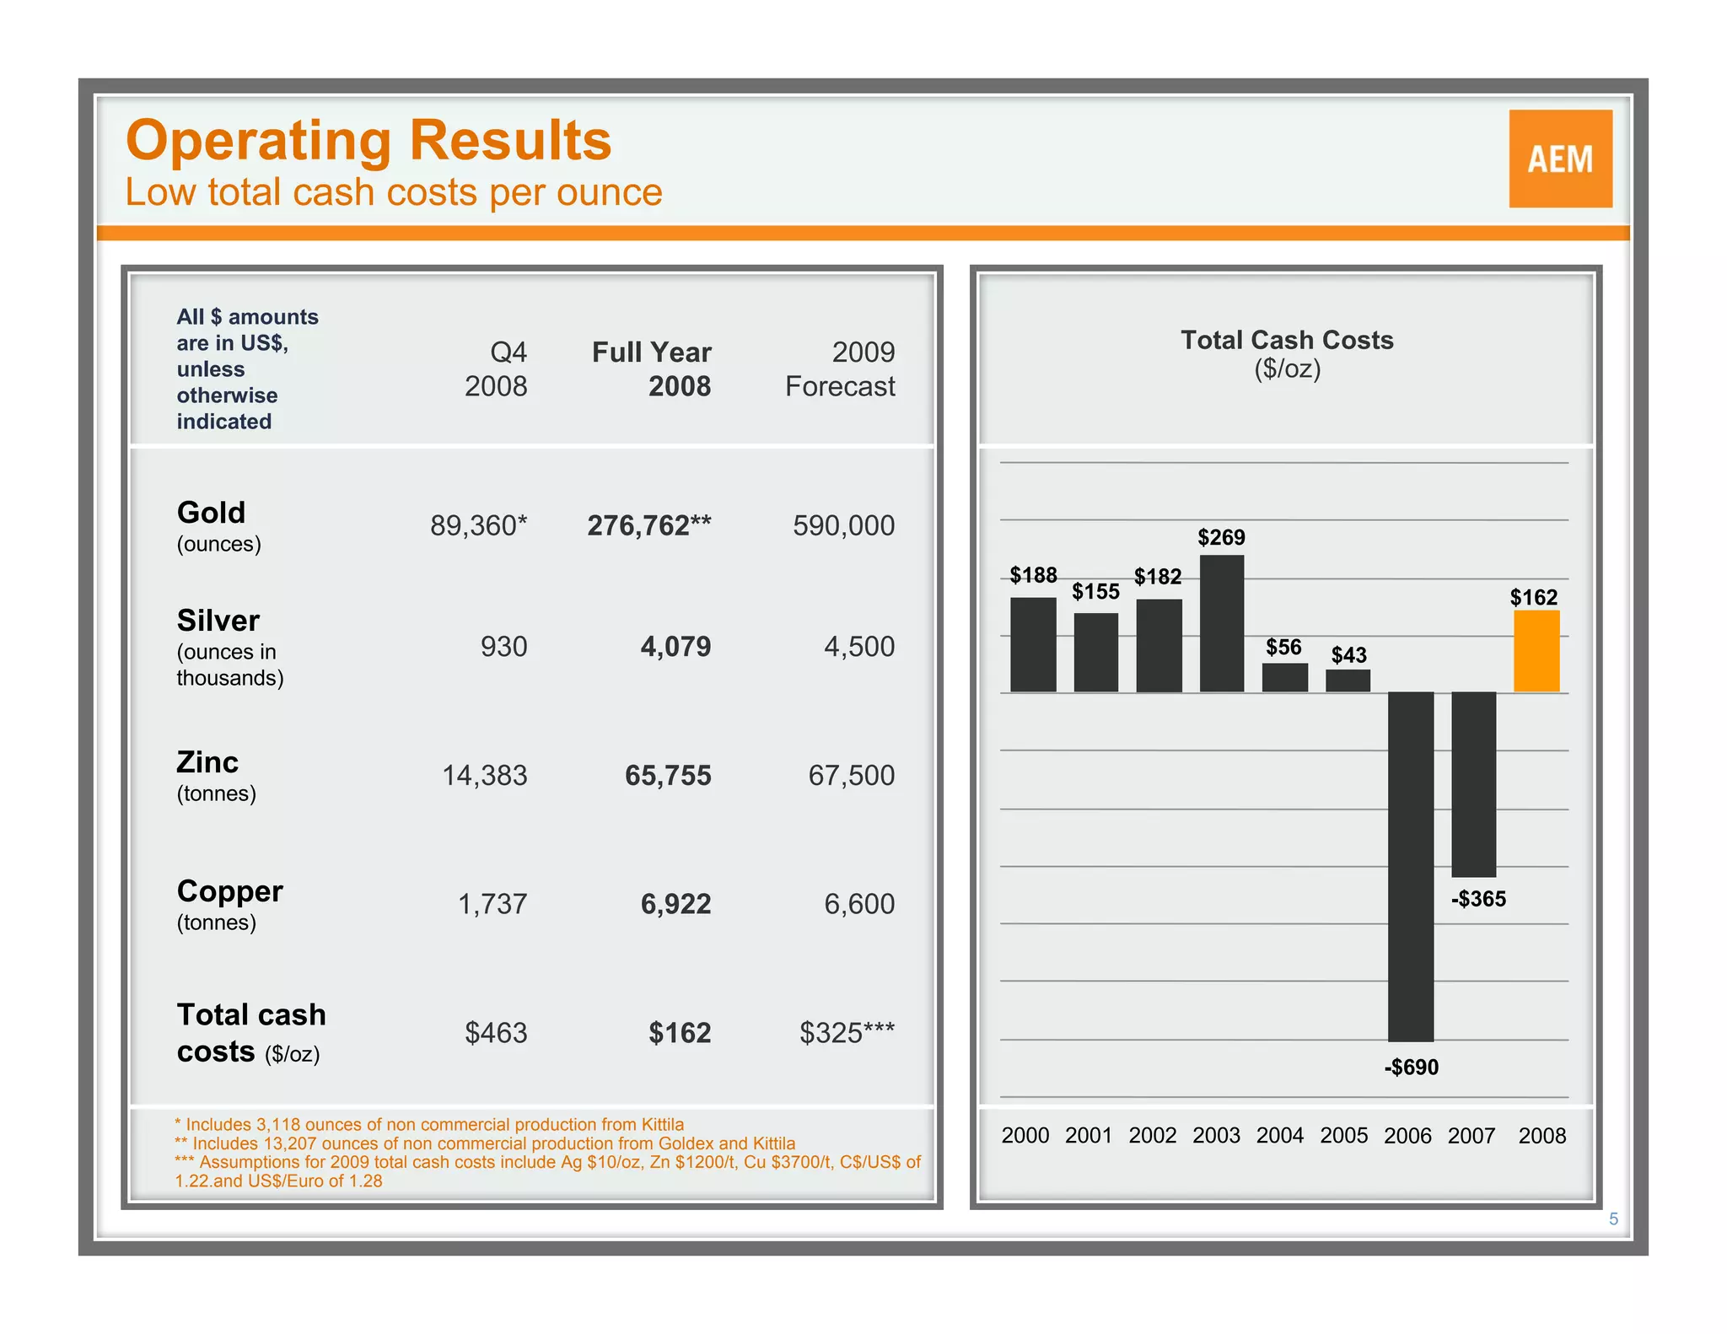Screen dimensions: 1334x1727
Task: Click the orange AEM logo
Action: [1560, 159]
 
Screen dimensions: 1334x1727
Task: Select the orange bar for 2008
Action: [1536, 651]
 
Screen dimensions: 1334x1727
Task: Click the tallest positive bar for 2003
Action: [1221, 624]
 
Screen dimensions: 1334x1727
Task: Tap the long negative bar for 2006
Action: [1410, 866]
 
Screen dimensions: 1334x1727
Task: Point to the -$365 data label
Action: [1477, 899]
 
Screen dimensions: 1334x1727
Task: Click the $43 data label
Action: [1348, 655]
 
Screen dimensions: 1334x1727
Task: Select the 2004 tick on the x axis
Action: [1279, 1136]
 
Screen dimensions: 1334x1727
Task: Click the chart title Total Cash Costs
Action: [1286, 340]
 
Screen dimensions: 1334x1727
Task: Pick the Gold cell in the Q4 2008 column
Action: [478, 525]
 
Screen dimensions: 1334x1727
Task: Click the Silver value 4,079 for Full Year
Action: [675, 647]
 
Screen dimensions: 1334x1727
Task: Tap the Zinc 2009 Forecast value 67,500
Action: [851, 775]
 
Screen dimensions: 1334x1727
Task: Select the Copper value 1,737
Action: [492, 904]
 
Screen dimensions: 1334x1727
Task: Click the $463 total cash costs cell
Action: [496, 1033]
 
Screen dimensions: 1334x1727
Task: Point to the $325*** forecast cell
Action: [847, 1033]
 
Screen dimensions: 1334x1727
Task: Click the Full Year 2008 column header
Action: [653, 368]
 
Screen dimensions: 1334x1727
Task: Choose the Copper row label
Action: [229, 892]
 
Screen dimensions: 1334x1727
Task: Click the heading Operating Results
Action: [369, 140]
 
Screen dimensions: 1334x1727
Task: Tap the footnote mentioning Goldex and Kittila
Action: [485, 1143]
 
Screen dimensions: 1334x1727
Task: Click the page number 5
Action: [1613, 1218]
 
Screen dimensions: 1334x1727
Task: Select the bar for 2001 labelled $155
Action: [1095, 653]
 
